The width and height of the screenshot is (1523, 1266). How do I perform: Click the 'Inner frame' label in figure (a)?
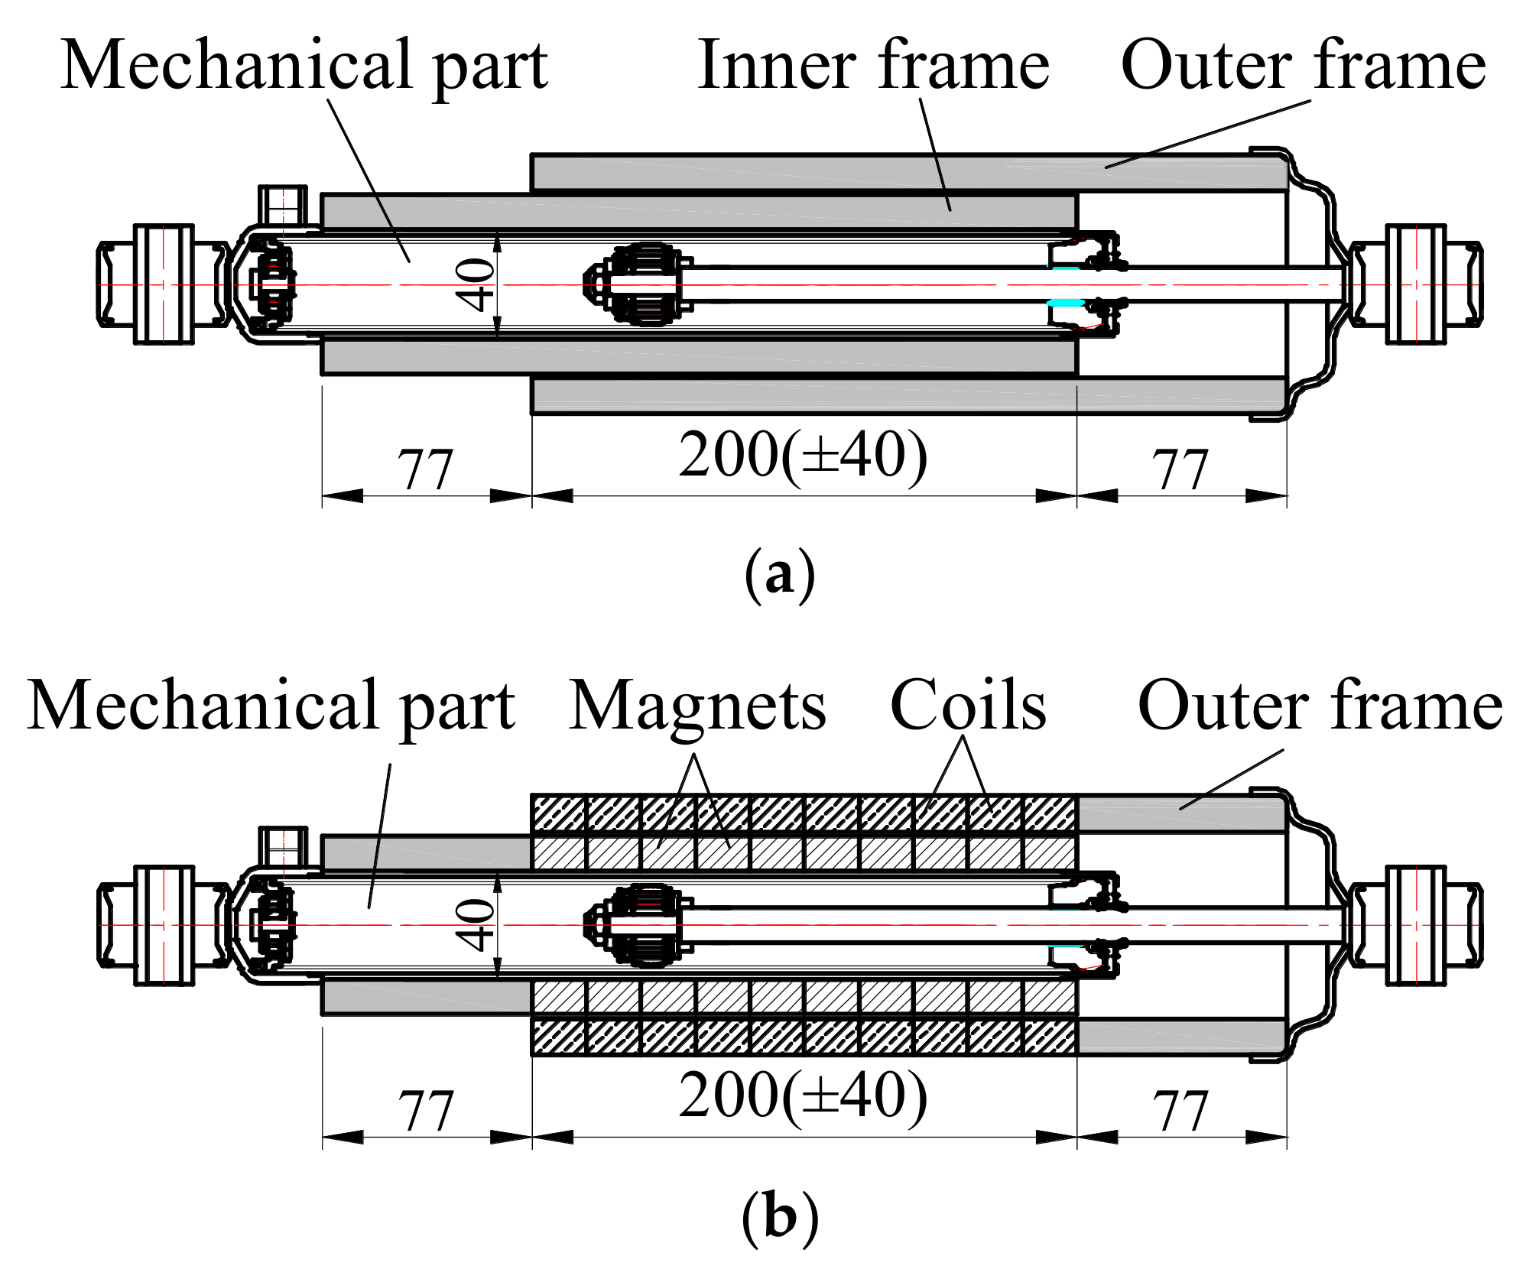tap(873, 66)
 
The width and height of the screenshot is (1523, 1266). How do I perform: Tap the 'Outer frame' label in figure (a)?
tap(1303, 66)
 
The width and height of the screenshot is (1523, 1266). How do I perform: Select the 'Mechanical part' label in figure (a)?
tap(304, 66)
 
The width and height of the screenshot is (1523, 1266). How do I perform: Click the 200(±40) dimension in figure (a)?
tap(803, 456)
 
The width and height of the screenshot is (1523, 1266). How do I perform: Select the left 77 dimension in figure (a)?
tap(426, 470)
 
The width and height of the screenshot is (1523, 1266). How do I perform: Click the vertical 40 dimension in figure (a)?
tap(476, 284)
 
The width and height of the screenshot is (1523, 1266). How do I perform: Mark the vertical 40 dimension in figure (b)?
tap(476, 925)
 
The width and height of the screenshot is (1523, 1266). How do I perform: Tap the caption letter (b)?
tap(779, 1216)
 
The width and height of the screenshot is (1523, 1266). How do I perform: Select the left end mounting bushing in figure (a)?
tap(163, 284)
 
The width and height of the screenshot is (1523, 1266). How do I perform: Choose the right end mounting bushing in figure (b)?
tap(1416, 925)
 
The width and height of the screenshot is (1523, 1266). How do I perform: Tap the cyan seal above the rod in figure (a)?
tap(1064, 268)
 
